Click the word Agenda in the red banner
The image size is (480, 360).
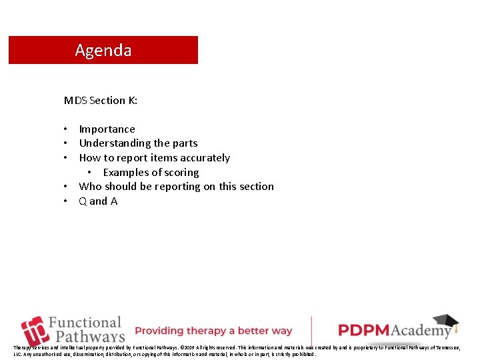pos(103,51)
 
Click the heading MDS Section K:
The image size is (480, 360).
pos(101,101)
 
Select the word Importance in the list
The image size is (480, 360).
pos(107,129)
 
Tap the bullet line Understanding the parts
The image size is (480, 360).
pos(138,143)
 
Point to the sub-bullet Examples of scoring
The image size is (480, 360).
pos(151,173)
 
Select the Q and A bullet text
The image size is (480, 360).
pos(98,201)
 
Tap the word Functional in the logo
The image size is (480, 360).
pos(85,323)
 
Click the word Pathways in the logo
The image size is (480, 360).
pos(90,337)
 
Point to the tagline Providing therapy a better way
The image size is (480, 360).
pos(213,331)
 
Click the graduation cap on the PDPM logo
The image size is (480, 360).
pos(445,323)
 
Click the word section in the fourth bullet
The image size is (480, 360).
pos(256,187)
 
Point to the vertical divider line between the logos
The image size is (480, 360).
pos(312,331)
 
